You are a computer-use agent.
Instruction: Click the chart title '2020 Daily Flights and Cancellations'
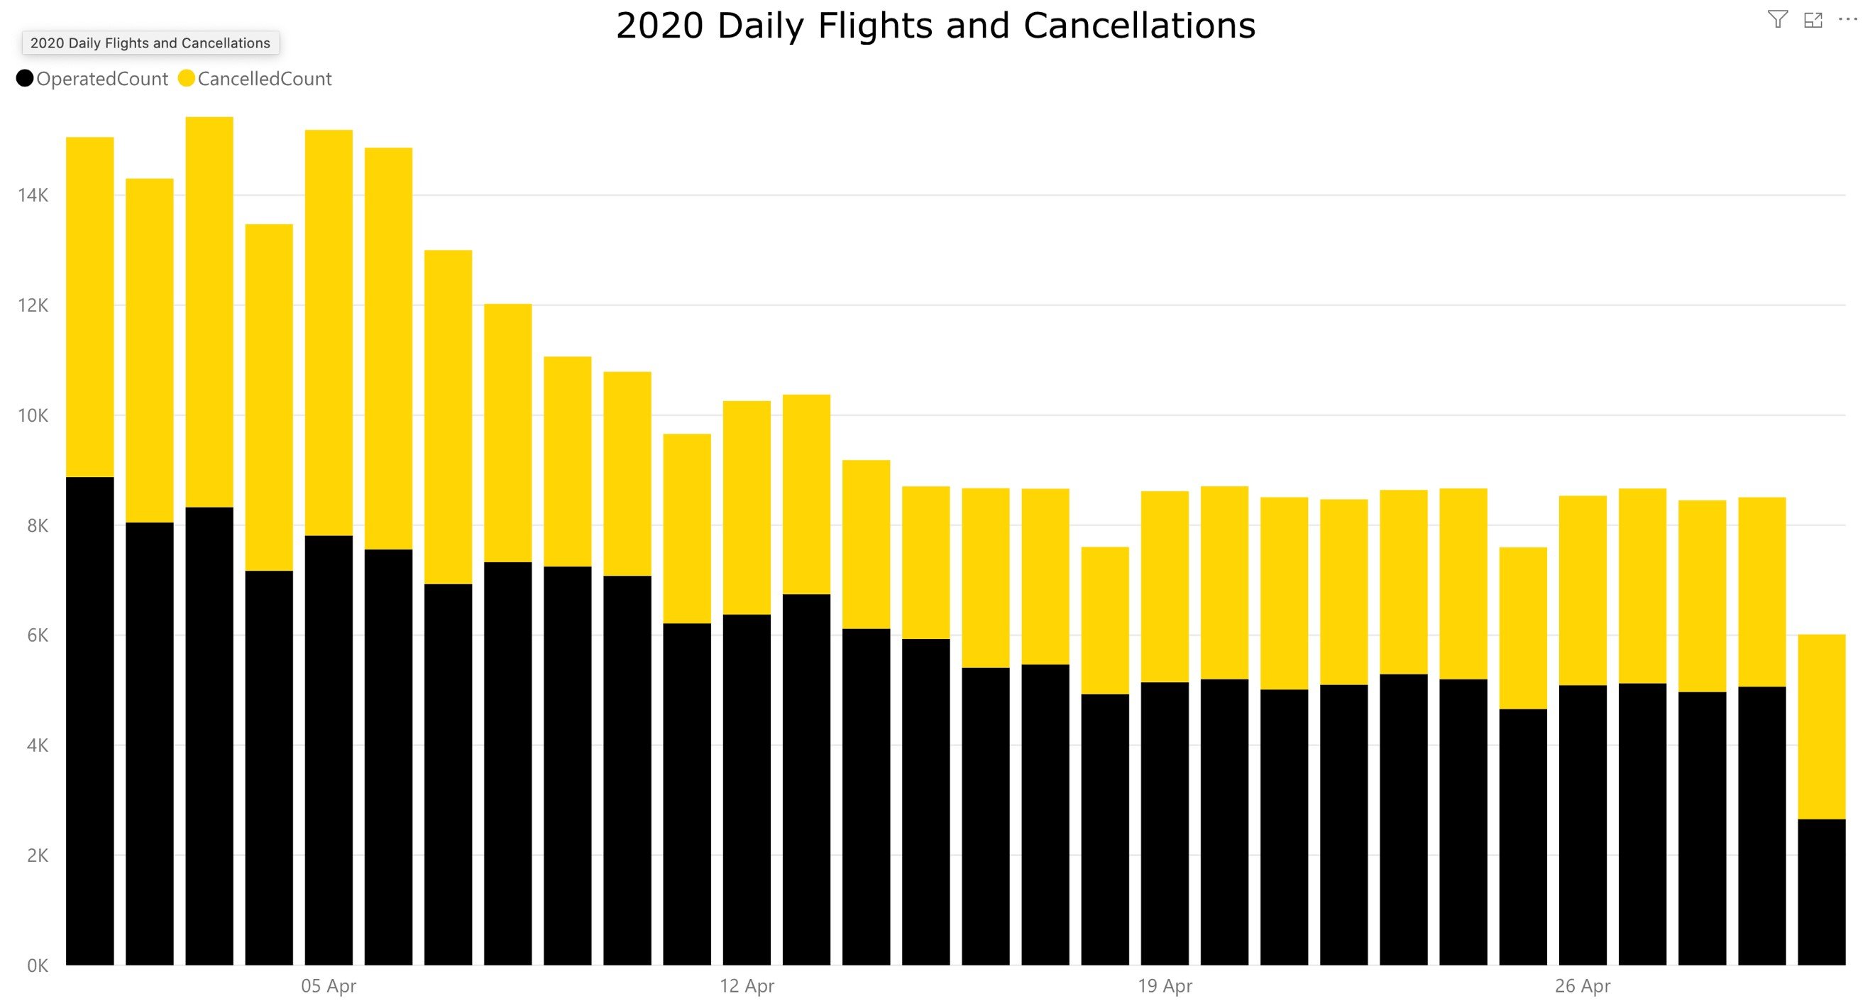tap(935, 26)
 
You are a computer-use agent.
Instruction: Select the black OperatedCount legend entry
tap(92, 79)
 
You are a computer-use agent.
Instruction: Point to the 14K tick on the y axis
tap(33, 195)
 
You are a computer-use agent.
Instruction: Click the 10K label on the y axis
tap(33, 416)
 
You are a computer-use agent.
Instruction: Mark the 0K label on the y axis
tap(37, 966)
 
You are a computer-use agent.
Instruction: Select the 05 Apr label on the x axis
tap(329, 986)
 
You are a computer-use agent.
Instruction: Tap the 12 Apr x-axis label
tap(747, 986)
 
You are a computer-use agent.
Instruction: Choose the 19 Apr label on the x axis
tap(1165, 986)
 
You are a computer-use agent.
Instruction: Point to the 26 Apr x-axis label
tap(1583, 986)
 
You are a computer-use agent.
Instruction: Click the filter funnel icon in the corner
tap(1778, 20)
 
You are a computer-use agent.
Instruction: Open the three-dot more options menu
tap(1847, 20)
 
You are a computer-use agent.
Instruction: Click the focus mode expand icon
tap(1813, 20)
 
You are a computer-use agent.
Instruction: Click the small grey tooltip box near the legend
tap(150, 43)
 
